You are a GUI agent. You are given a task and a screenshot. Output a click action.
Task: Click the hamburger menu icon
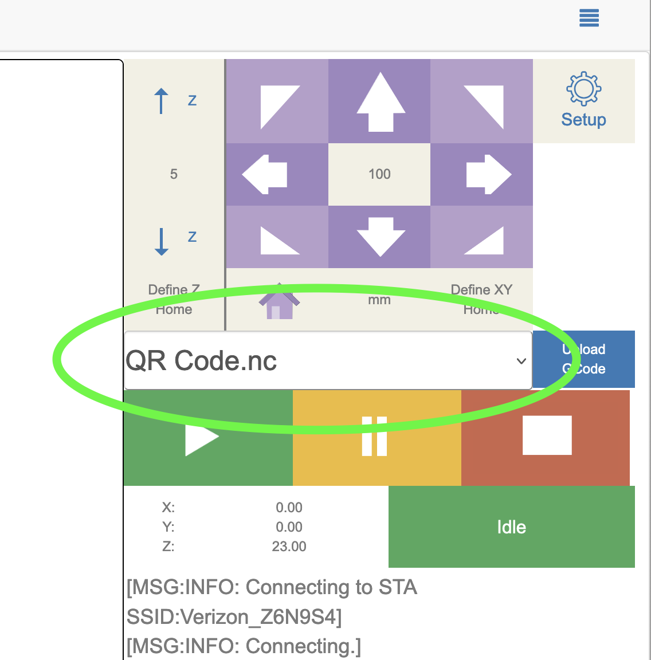click(589, 18)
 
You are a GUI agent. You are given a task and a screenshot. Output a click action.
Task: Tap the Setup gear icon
click(583, 89)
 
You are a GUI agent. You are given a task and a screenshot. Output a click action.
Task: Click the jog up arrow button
click(379, 101)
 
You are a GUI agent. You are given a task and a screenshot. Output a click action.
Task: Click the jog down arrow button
click(379, 236)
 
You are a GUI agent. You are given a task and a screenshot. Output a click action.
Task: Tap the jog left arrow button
click(277, 174)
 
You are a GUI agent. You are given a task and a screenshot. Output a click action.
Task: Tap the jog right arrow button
click(481, 174)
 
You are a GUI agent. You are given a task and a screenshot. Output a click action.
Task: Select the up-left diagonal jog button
click(277, 101)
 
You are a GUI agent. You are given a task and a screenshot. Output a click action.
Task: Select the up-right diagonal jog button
click(481, 101)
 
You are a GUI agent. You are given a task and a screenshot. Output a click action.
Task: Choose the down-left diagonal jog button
click(277, 236)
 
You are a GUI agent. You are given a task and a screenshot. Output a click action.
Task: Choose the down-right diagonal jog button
click(481, 236)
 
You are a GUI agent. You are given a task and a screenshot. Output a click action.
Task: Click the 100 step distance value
click(379, 174)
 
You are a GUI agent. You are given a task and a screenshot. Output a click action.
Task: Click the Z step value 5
click(174, 174)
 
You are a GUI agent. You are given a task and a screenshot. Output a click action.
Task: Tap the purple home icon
click(279, 302)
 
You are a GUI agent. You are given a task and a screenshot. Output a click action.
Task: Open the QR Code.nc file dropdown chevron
click(521, 361)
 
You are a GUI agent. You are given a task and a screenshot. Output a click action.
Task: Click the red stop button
click(546, 437)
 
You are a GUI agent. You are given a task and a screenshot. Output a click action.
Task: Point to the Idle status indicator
click(511, 527)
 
